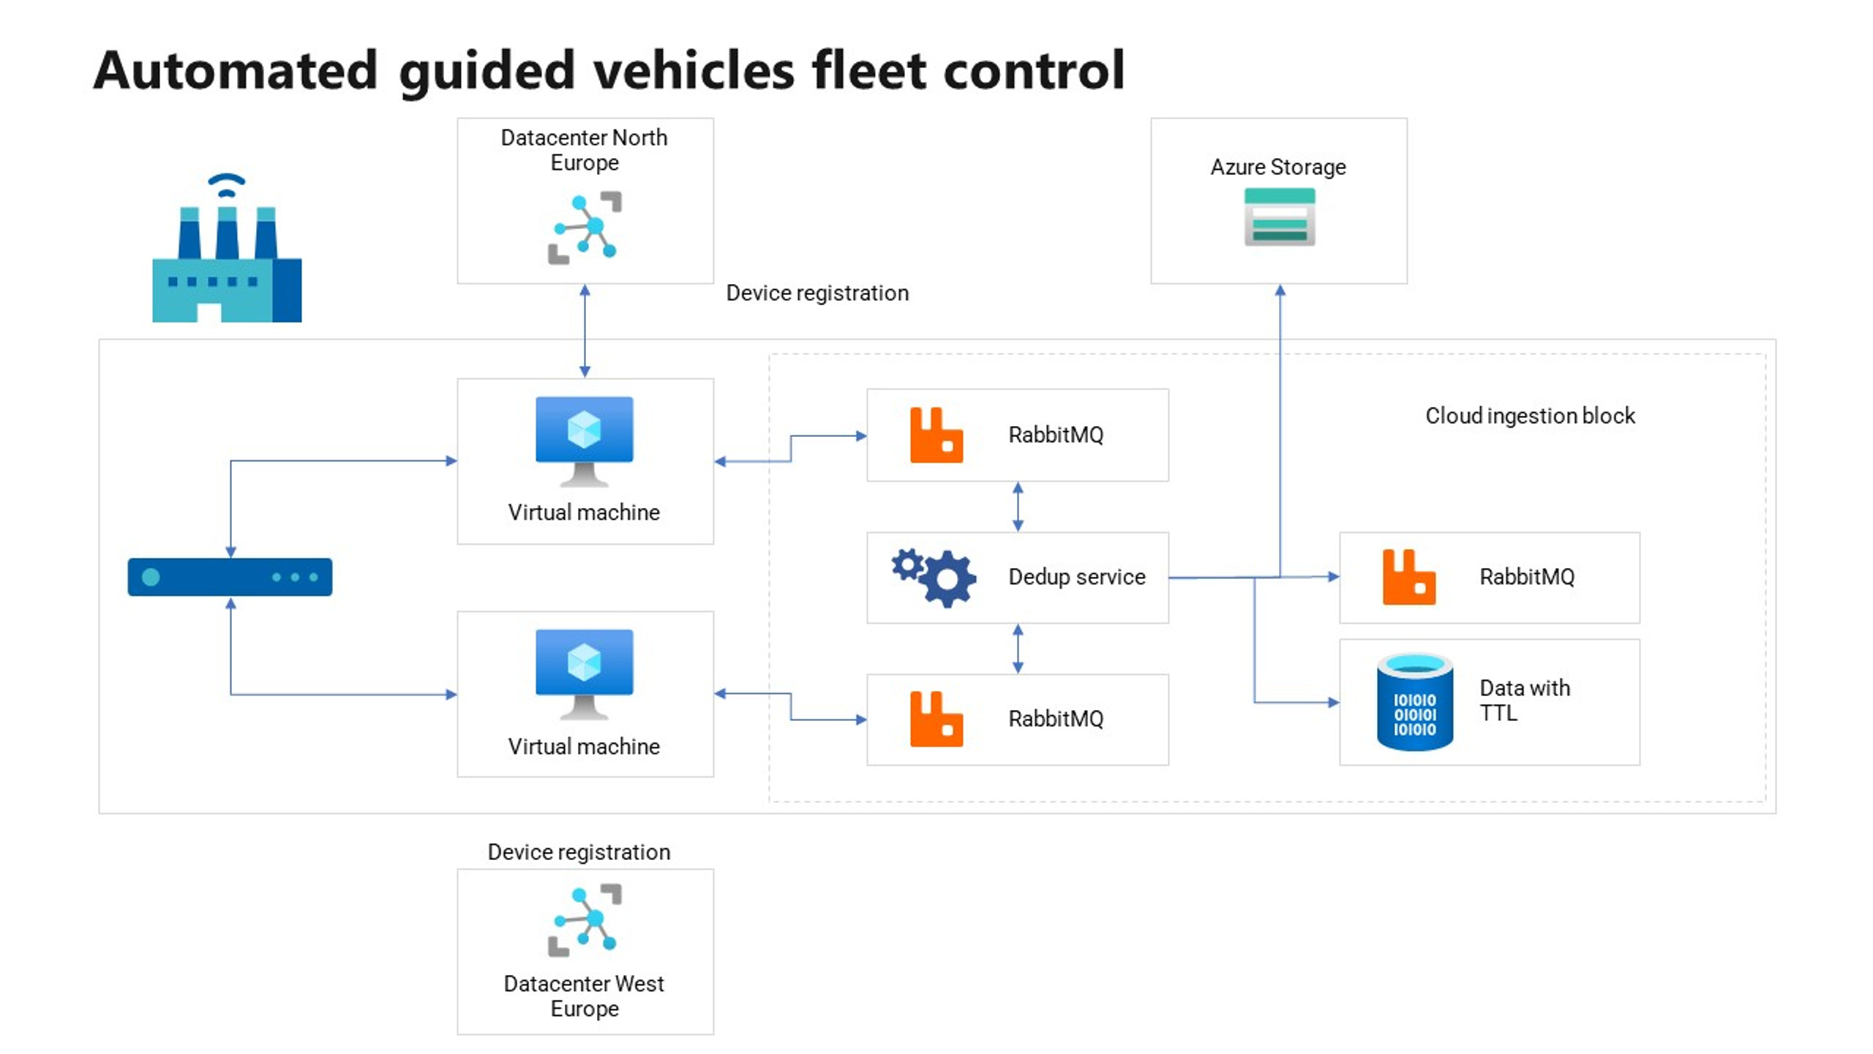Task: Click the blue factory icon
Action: point(227,256)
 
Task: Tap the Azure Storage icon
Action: point(1279,217)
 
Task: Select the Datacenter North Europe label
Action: point(584,149)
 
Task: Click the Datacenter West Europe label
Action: point(584,995)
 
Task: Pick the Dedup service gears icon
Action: point(934,578)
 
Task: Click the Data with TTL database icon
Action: point(1414,703)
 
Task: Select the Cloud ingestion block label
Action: point(1529,416)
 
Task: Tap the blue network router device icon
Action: point(230,577)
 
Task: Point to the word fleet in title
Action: point(869,70)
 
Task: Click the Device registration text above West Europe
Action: point(579,852)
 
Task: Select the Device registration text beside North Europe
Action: point(817,293)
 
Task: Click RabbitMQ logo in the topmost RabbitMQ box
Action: point(936,436)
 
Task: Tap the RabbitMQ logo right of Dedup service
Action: point(1408,578)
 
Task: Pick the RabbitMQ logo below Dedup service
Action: point(936,720)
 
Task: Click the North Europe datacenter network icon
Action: point(585,227)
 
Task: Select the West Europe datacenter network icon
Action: point(585,919)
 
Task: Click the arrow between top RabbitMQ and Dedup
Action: point(1017,507)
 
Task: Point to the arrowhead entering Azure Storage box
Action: point(1280,291)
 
